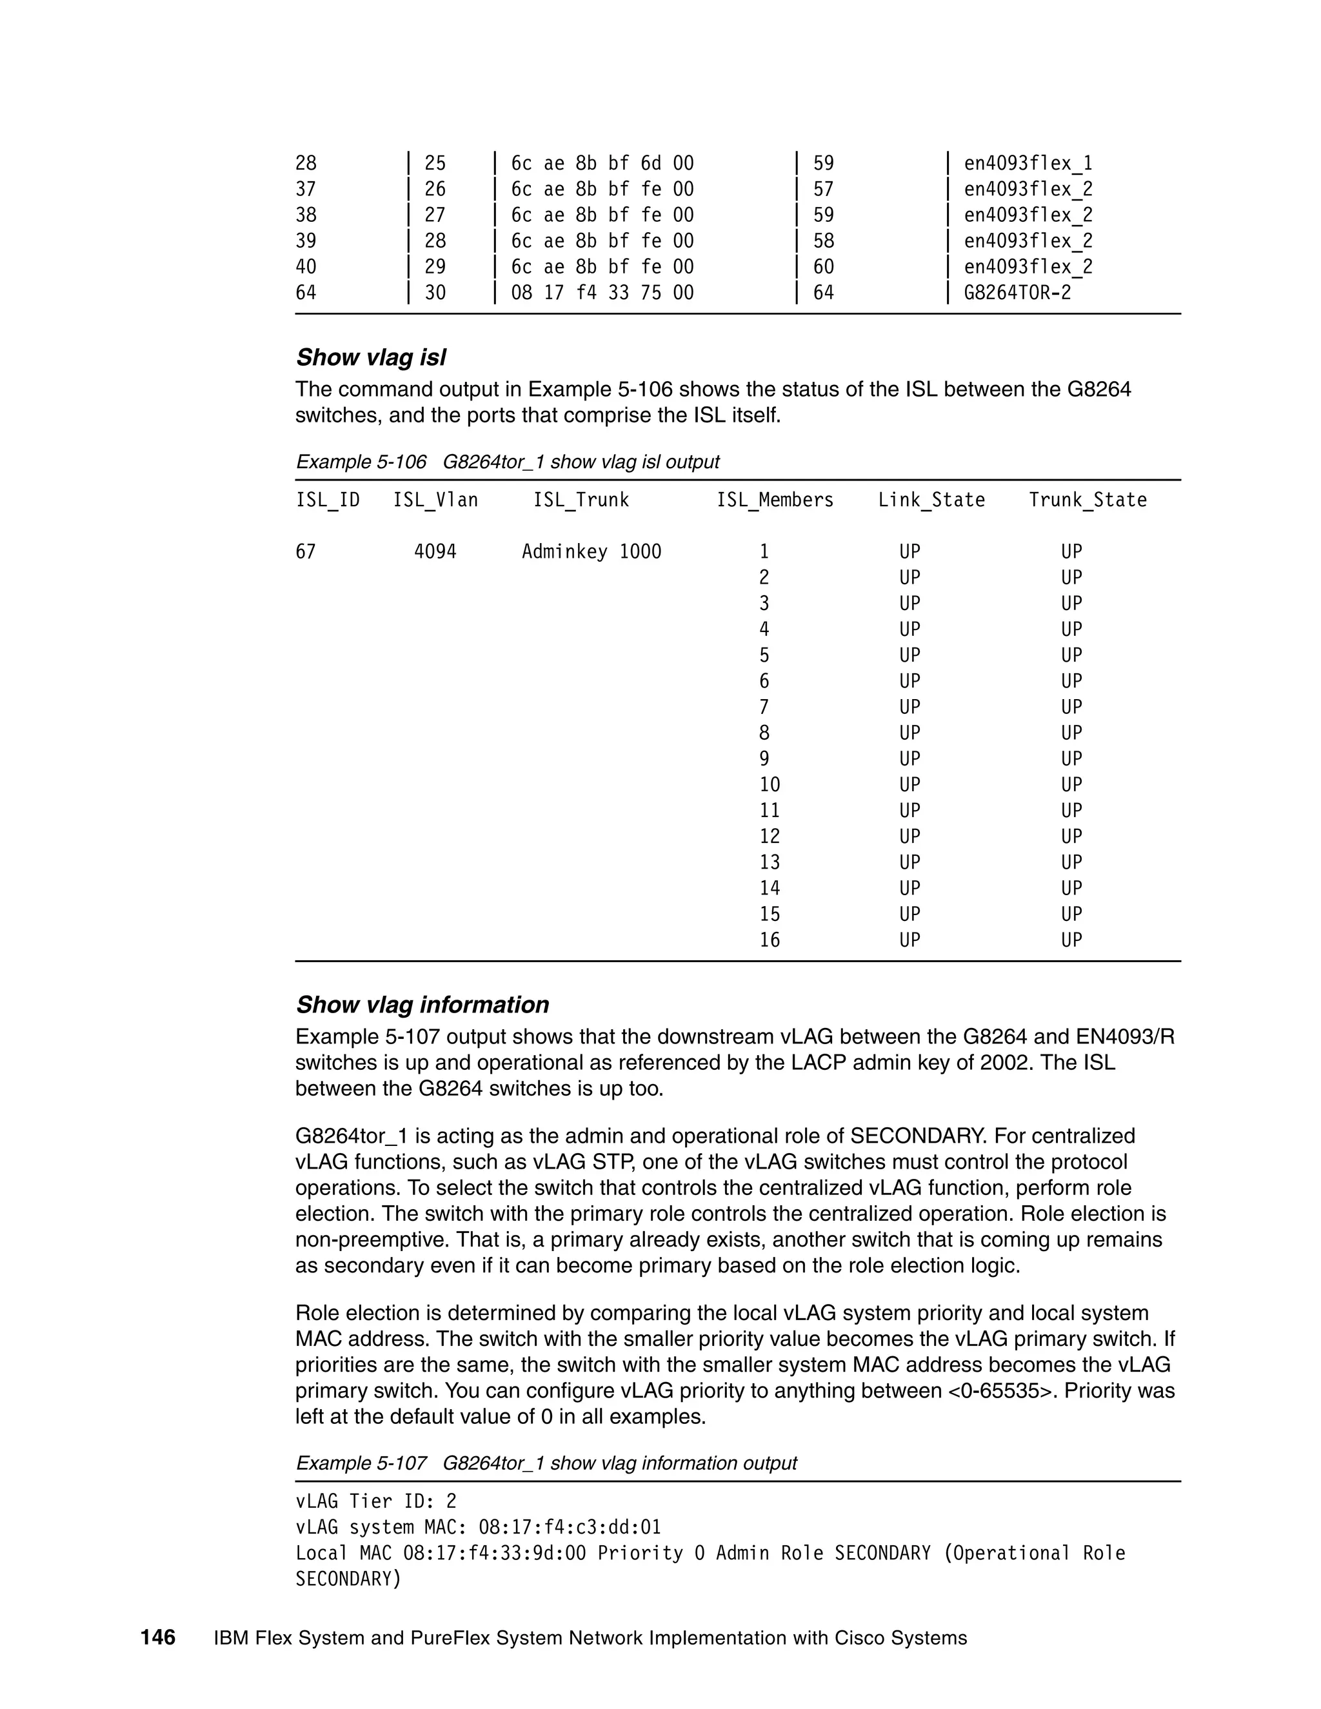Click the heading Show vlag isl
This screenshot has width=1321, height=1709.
(x=371, y=358)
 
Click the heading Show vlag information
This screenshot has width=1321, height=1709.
(x=422, y=1005)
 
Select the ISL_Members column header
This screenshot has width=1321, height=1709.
(x=775, y=500)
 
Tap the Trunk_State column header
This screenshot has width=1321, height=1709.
(x=1087, y=500)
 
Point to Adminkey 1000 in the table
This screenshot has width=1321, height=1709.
(x=591, y=551)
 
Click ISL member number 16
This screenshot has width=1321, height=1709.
(x=770, y=940)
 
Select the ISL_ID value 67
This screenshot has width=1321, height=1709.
(x=305, y=551)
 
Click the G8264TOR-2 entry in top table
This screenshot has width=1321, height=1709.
(x=1017, y=293)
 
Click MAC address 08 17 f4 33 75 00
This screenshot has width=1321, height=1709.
(x=602, y=293)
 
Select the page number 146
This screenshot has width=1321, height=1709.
(x=158, y=1638)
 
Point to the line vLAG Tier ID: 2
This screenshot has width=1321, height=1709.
(x=375, y=1501)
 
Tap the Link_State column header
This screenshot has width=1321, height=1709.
(x=931, y=500)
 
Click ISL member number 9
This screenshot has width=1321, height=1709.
(x=764, y=759)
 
